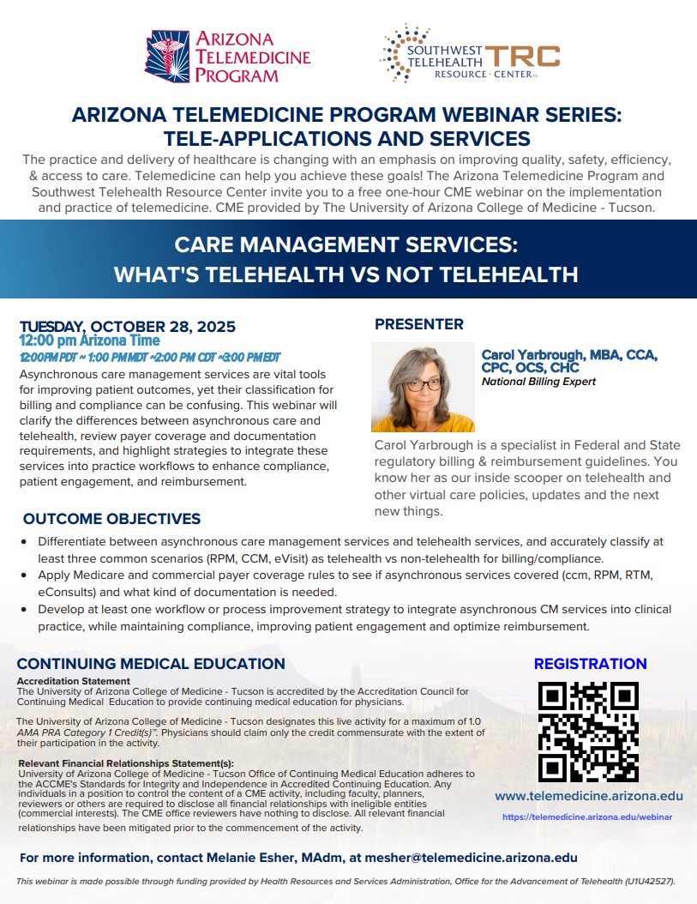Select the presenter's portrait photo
[411, 387]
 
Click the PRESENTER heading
[418, 324]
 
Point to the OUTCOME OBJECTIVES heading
[111, 519]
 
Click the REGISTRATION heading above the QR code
[590, 664]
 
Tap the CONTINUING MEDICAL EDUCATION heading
[151, 664]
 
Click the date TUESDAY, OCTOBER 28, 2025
[128, 327]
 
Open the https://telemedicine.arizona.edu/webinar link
[587, 817]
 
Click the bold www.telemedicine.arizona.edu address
[588, 797]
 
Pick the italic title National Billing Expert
[538, 382]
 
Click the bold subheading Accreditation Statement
[74, 681]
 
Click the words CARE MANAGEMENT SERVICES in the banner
[346, 245]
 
